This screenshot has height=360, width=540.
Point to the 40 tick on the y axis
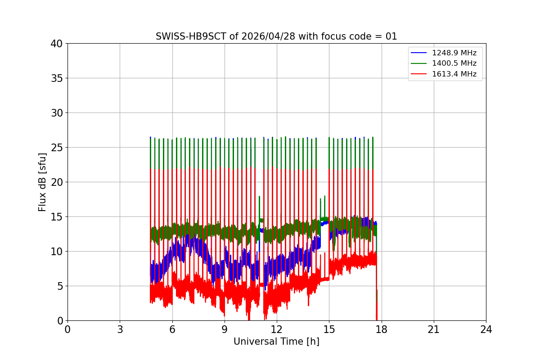(57, 44)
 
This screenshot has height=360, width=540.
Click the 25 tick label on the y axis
(57, 148)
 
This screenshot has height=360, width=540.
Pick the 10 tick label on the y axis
(57, 252)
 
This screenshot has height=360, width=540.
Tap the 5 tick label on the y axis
(59, 286)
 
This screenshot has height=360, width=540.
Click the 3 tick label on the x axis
(120, 329)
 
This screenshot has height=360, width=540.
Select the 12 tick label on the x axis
(277, 329)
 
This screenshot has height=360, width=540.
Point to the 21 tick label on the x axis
(434, 329)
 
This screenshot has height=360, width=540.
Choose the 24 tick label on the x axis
(486, 329)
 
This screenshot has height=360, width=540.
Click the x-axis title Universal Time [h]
(276, 342)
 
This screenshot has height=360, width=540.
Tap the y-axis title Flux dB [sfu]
(42, 182)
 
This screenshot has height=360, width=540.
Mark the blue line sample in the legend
(419, 53)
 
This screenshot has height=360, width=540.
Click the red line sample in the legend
(419, 74)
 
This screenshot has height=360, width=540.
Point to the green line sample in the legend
(419, 63)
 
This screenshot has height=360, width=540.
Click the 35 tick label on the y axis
(57, 78)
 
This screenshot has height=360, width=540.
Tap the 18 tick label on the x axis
(382, 329)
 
